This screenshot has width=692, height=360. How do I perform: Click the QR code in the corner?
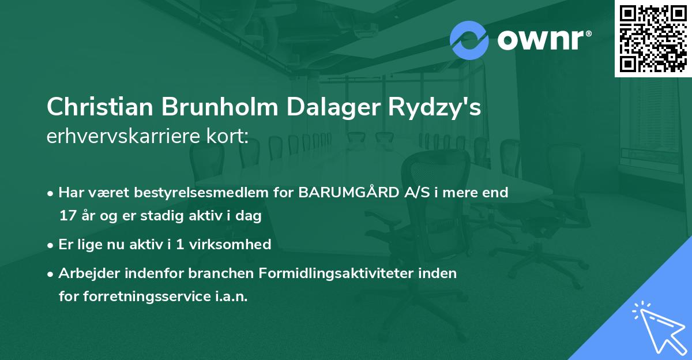click(653, 38)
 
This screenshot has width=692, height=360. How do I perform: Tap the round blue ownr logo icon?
click(469, 40)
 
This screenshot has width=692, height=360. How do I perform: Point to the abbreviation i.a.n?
click(231, 297)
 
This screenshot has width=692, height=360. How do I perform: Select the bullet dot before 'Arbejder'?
click(51, 273)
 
